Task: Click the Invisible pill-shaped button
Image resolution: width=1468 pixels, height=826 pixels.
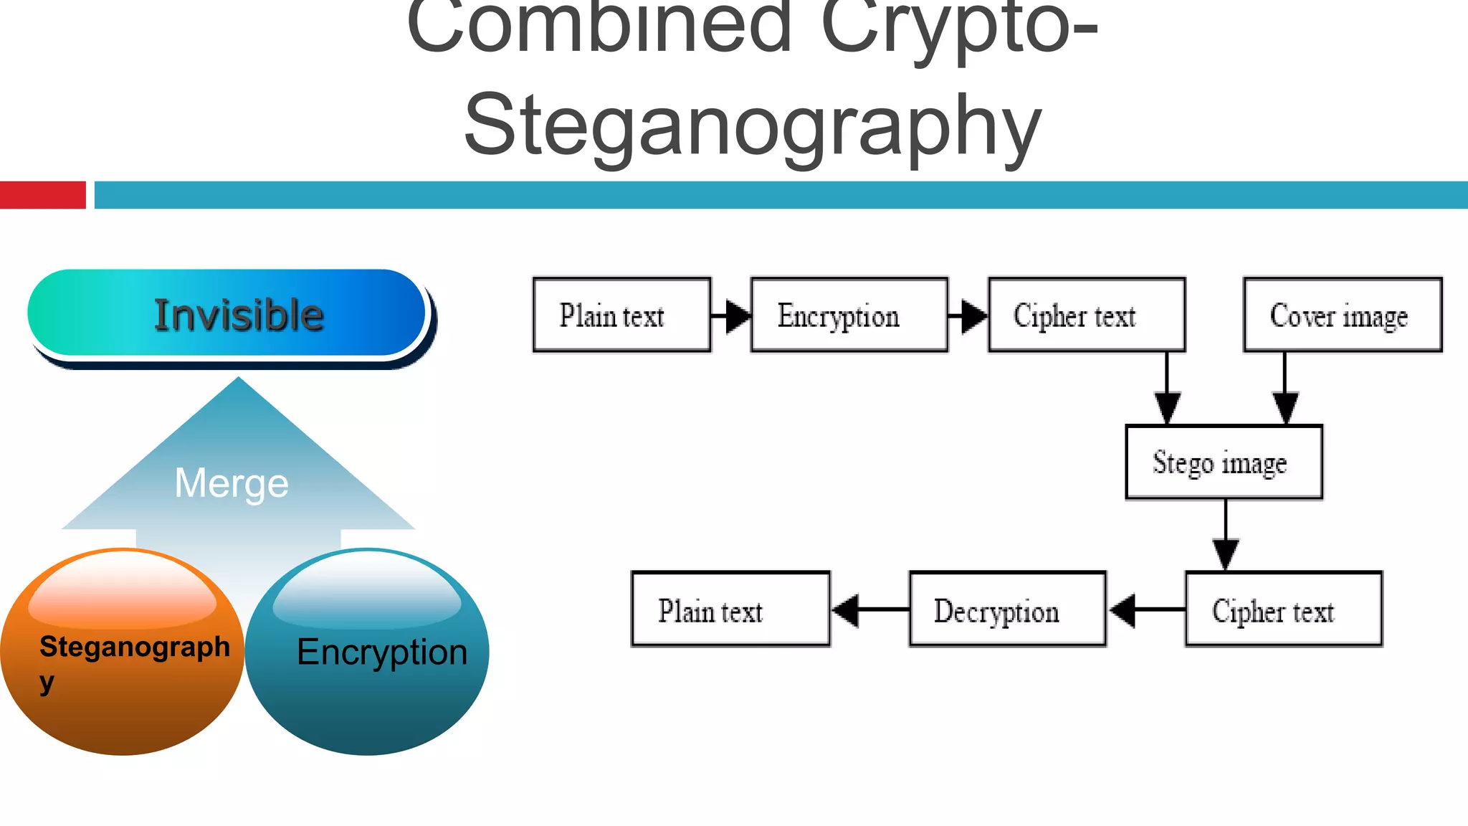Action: tap(228, 314)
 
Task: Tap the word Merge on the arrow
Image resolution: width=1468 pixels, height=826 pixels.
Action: tap(232, 483)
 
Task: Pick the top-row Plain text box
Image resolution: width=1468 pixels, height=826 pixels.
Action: tap(621, 315)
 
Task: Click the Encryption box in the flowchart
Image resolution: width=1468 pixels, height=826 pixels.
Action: tap(849, 315)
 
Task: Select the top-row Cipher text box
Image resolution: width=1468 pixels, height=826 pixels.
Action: tap(1087, 315)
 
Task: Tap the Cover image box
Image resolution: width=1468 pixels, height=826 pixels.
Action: tap(1343, 315)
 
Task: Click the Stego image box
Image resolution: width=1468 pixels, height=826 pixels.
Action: tap(1224, 462)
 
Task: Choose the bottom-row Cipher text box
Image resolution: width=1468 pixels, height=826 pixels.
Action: tap(1284, 609)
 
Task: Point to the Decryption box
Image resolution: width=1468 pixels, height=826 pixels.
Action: tap(1007, 609)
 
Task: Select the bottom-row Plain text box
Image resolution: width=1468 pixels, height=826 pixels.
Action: tap(730, 609)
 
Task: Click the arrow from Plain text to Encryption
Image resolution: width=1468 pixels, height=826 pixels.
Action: tap(732, 315)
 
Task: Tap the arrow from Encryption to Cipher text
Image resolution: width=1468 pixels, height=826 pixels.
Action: tap(968, 315)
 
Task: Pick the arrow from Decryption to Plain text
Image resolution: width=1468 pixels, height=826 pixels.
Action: tap(869, 609)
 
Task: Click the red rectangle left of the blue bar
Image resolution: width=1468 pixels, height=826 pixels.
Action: tap(43, 195)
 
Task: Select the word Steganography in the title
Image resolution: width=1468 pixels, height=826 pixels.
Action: tap(753, 125)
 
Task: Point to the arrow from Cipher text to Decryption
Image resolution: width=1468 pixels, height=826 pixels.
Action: tap(1146, 609)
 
